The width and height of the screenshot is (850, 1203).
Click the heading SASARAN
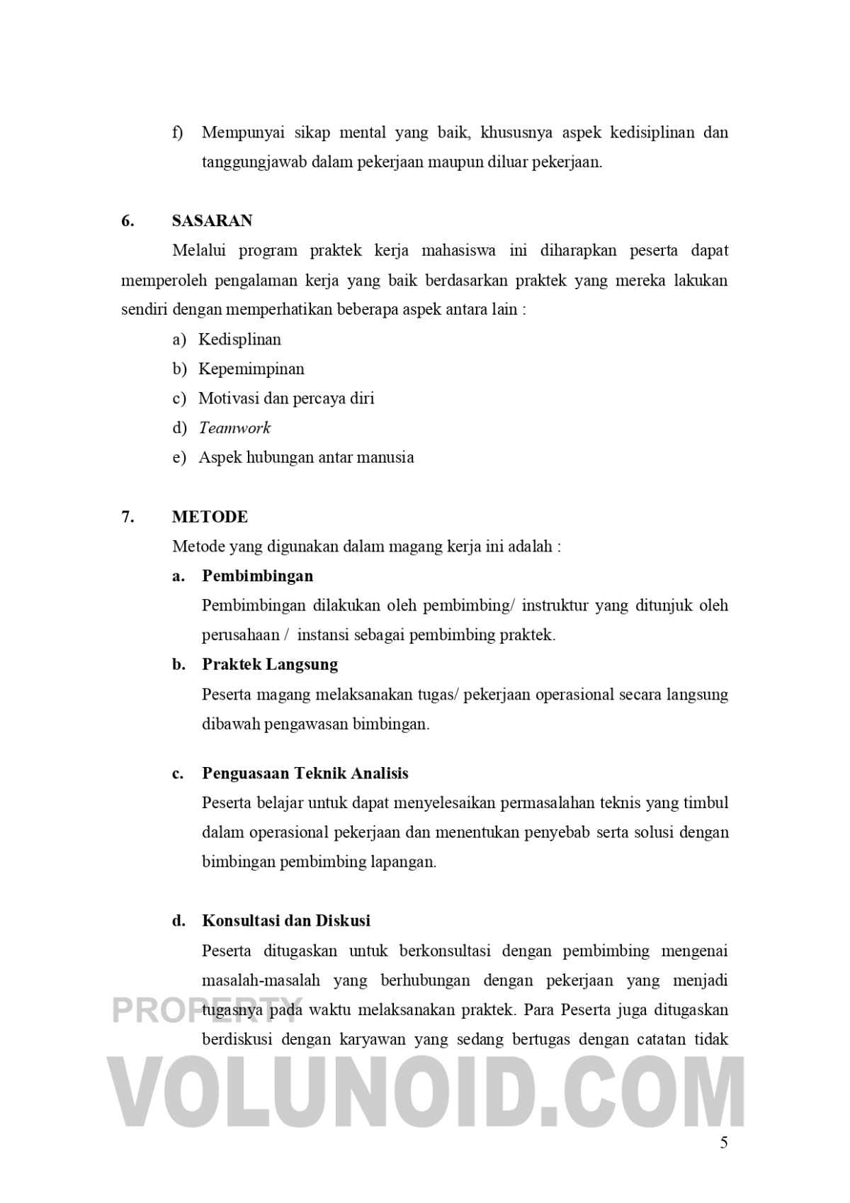(212, 220)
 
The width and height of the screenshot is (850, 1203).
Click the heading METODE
(210, 517)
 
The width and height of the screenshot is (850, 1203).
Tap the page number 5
(723, 1143)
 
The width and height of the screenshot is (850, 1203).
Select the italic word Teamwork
(234, 428)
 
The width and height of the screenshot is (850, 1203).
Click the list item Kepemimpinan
(251, 369)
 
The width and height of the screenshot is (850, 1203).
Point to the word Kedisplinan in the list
(239, 340)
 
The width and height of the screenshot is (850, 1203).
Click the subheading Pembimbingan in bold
(257, 576)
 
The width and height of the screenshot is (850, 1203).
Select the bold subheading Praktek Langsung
(270, 664)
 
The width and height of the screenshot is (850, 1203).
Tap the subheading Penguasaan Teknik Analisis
(305, 773)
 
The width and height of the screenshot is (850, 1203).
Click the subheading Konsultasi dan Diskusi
(286, 921)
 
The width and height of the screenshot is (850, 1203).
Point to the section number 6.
(127, 220)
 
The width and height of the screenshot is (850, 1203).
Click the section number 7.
(127, 517)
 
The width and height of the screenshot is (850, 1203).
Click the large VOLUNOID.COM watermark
(425, 1092)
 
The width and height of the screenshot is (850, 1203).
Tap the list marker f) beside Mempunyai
(177, 133)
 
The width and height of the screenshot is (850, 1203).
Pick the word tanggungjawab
(254, 162)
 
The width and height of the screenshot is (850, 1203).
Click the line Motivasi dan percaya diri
(286, 398)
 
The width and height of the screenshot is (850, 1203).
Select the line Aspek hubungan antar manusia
(306, 457)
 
